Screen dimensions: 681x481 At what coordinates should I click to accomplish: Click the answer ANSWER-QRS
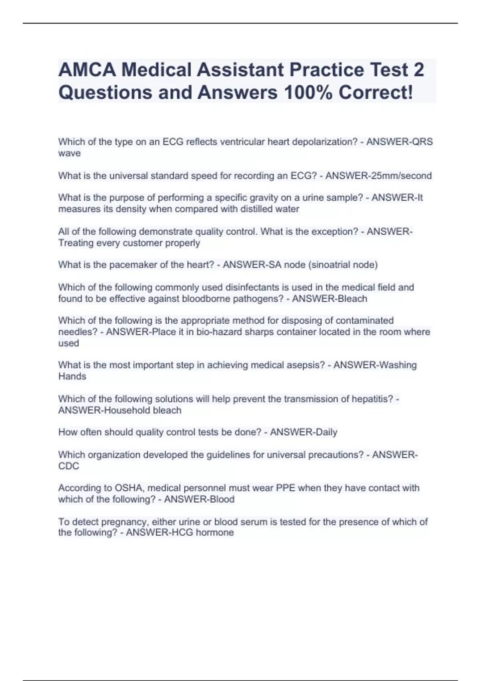(400, 142)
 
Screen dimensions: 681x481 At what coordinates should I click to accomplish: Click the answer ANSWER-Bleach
(329, 299)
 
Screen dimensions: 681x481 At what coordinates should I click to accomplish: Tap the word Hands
(72, 377)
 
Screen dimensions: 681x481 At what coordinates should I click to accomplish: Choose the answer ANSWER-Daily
(303, 432)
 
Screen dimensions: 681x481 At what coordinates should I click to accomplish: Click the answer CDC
(69, 466)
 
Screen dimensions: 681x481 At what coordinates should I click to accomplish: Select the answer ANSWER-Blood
(199, 500)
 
